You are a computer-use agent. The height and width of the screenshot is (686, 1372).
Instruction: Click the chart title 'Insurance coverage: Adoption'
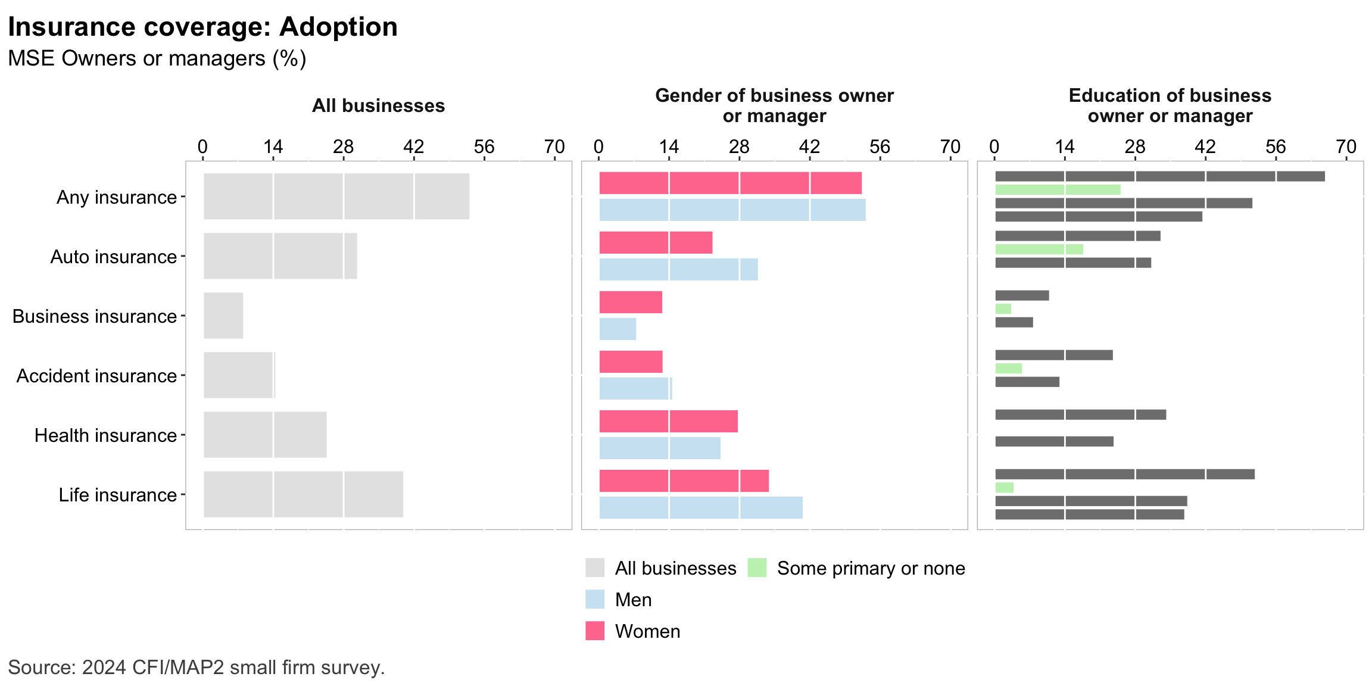(202, 27)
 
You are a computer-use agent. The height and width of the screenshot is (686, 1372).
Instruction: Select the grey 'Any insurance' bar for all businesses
(336, 197)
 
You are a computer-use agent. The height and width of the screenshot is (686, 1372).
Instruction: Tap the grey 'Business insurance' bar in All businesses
(223, 316)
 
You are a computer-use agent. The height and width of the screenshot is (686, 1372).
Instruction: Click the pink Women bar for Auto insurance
(656, 242)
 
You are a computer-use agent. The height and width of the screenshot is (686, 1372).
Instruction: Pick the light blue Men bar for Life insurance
(701, 507)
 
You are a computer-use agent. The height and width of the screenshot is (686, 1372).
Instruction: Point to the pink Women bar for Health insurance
(668, 421)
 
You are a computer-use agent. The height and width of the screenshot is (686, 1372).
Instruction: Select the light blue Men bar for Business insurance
(618, 329)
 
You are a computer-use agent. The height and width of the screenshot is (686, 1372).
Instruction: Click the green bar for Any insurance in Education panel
(1058, 190)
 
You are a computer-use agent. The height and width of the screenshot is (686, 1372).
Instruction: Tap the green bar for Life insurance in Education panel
(1005, 488)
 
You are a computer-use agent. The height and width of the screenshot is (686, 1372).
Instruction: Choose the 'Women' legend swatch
(595, 631)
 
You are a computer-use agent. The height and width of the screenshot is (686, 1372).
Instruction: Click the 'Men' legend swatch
(595, 599)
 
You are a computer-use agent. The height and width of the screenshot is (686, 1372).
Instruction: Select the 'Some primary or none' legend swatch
(757, 567)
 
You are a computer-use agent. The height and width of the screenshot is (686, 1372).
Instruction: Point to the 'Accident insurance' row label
(96, 376)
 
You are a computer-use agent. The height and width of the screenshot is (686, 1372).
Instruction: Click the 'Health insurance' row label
(105, 435)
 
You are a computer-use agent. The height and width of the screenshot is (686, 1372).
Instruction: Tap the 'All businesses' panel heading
(378, 106)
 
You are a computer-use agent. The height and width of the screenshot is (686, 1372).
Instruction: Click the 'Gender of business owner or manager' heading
(774, 105)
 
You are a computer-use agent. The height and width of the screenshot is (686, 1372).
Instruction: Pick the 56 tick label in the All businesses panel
(484, 146)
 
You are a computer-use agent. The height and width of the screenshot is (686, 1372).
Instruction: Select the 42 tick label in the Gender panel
(809, 146)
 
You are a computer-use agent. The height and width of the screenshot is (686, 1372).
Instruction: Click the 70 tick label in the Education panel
(1346, 146)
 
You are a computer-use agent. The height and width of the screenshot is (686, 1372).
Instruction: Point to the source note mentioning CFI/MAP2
(197, 668)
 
